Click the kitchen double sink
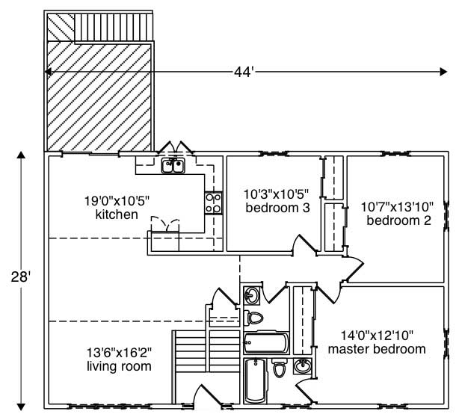173,165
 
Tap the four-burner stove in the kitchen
213,203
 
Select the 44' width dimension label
244,72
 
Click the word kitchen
116,215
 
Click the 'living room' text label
120,366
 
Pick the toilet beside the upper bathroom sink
254,318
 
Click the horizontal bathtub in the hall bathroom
265,343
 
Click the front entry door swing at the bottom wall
203,395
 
